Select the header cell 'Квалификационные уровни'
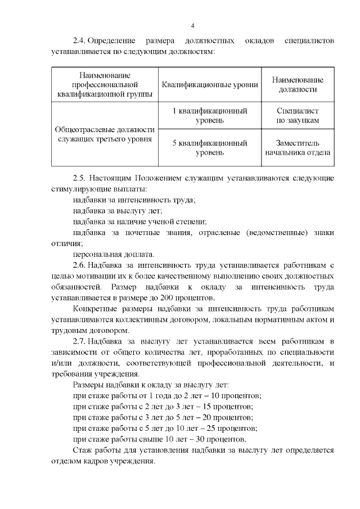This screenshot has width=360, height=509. [x=210, y=85]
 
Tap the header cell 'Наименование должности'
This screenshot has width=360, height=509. [x=297, y=85]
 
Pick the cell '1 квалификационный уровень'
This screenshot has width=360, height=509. [x=210, y=116]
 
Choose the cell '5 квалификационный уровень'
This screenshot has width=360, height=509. [x=210, y=147]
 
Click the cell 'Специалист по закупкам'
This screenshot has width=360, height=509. [x=297, y=116]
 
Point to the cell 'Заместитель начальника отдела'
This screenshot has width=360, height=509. [x=297, y=147]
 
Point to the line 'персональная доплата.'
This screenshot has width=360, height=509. [x=114, y=254]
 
